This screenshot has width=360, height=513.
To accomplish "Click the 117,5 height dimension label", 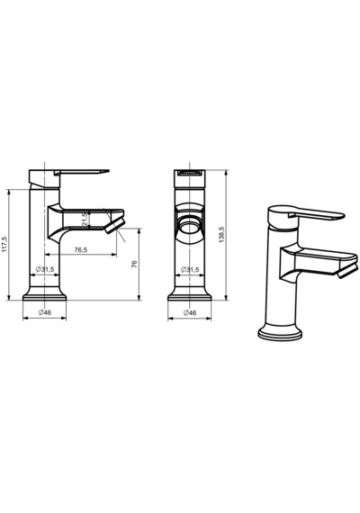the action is pos(4,245).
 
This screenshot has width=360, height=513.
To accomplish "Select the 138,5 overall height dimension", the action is pos(221,234).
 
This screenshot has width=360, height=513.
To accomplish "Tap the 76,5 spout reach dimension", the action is pos(80,250).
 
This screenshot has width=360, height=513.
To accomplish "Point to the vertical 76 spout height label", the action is pos(134,265).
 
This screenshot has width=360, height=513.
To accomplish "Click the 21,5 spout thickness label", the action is pos(85,220).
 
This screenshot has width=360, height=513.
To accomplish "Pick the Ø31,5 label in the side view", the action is pos(45,269).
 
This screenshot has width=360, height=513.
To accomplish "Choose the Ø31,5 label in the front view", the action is pos(190,270).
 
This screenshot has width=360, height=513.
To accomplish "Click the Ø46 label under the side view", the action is pos(45,312).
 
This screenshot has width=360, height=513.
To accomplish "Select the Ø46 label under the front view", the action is pos(190,313).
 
